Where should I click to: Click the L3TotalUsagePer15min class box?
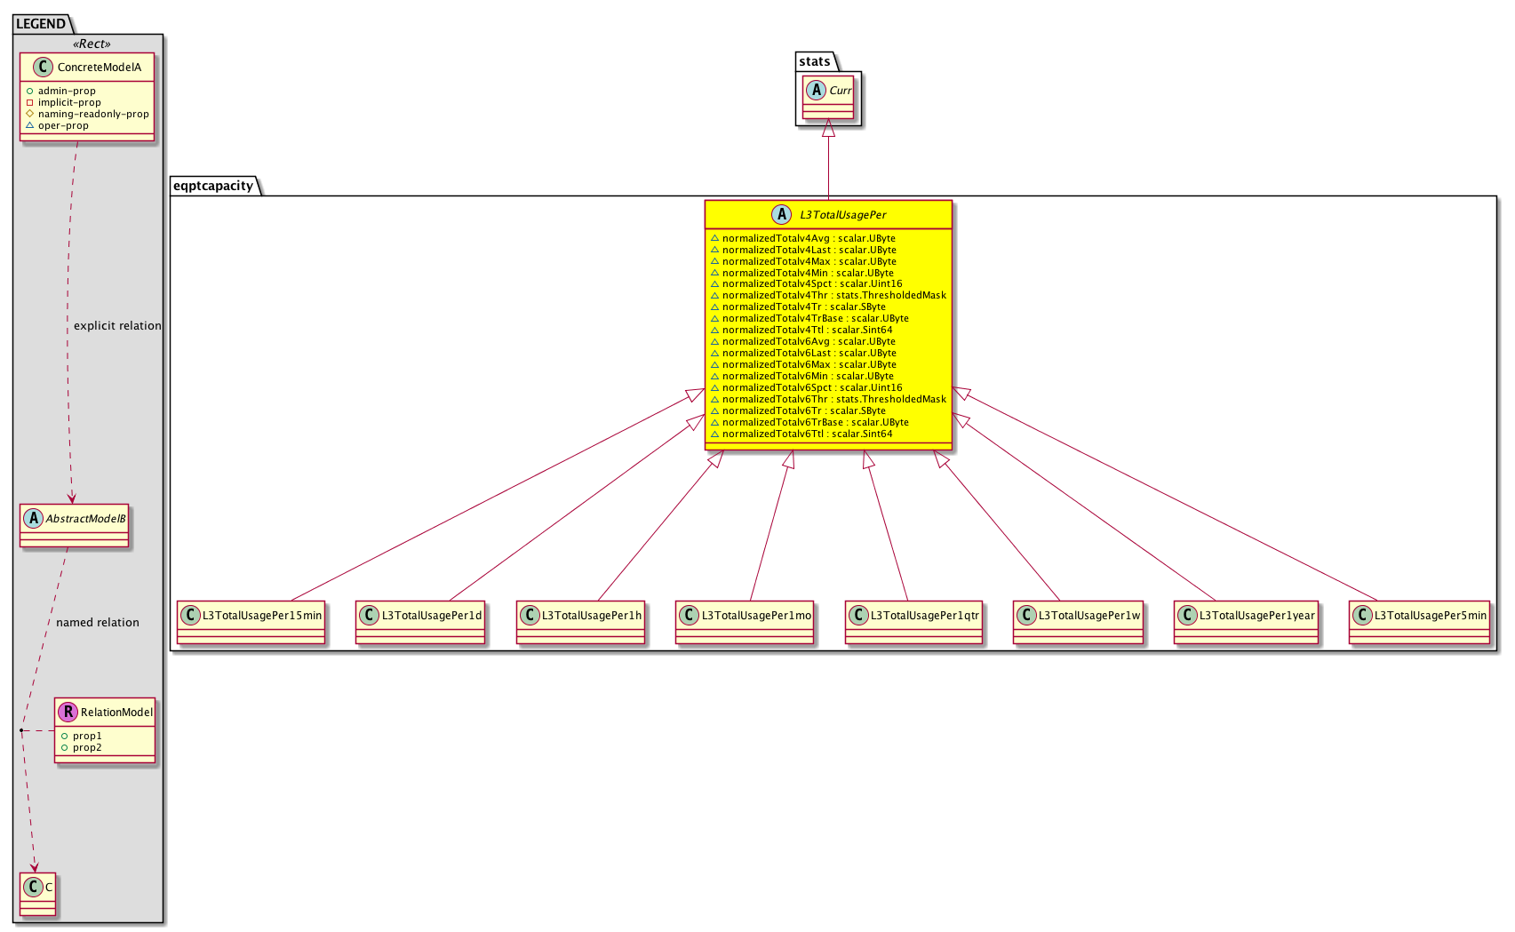click(251, 622)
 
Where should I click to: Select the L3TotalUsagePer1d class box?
click(420, 622)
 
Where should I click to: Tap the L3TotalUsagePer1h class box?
click(580, 622)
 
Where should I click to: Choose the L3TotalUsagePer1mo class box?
click(745, 622)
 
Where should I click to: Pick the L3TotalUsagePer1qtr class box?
click(913, 622)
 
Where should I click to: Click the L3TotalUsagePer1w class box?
click(1078, 622)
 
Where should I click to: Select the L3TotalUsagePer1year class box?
click(1247, 622)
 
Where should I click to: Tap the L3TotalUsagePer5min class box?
click(1420, 622)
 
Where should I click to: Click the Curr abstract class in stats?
click(828, 98)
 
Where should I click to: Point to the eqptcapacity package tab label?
click(213, 186)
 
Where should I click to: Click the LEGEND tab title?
click(41, 24)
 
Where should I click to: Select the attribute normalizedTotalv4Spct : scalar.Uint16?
click(806, 284)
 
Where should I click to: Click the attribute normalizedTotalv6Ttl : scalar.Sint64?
click(801, 434)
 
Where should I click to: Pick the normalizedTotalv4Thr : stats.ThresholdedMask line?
click(828, 296)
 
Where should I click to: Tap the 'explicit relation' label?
click(117, 326)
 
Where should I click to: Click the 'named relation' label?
click(98, 622)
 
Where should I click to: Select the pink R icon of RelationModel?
click(68, 712)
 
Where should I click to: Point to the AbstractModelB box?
click(75, 525)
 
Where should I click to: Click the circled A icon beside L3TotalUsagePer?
click(781, 214)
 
